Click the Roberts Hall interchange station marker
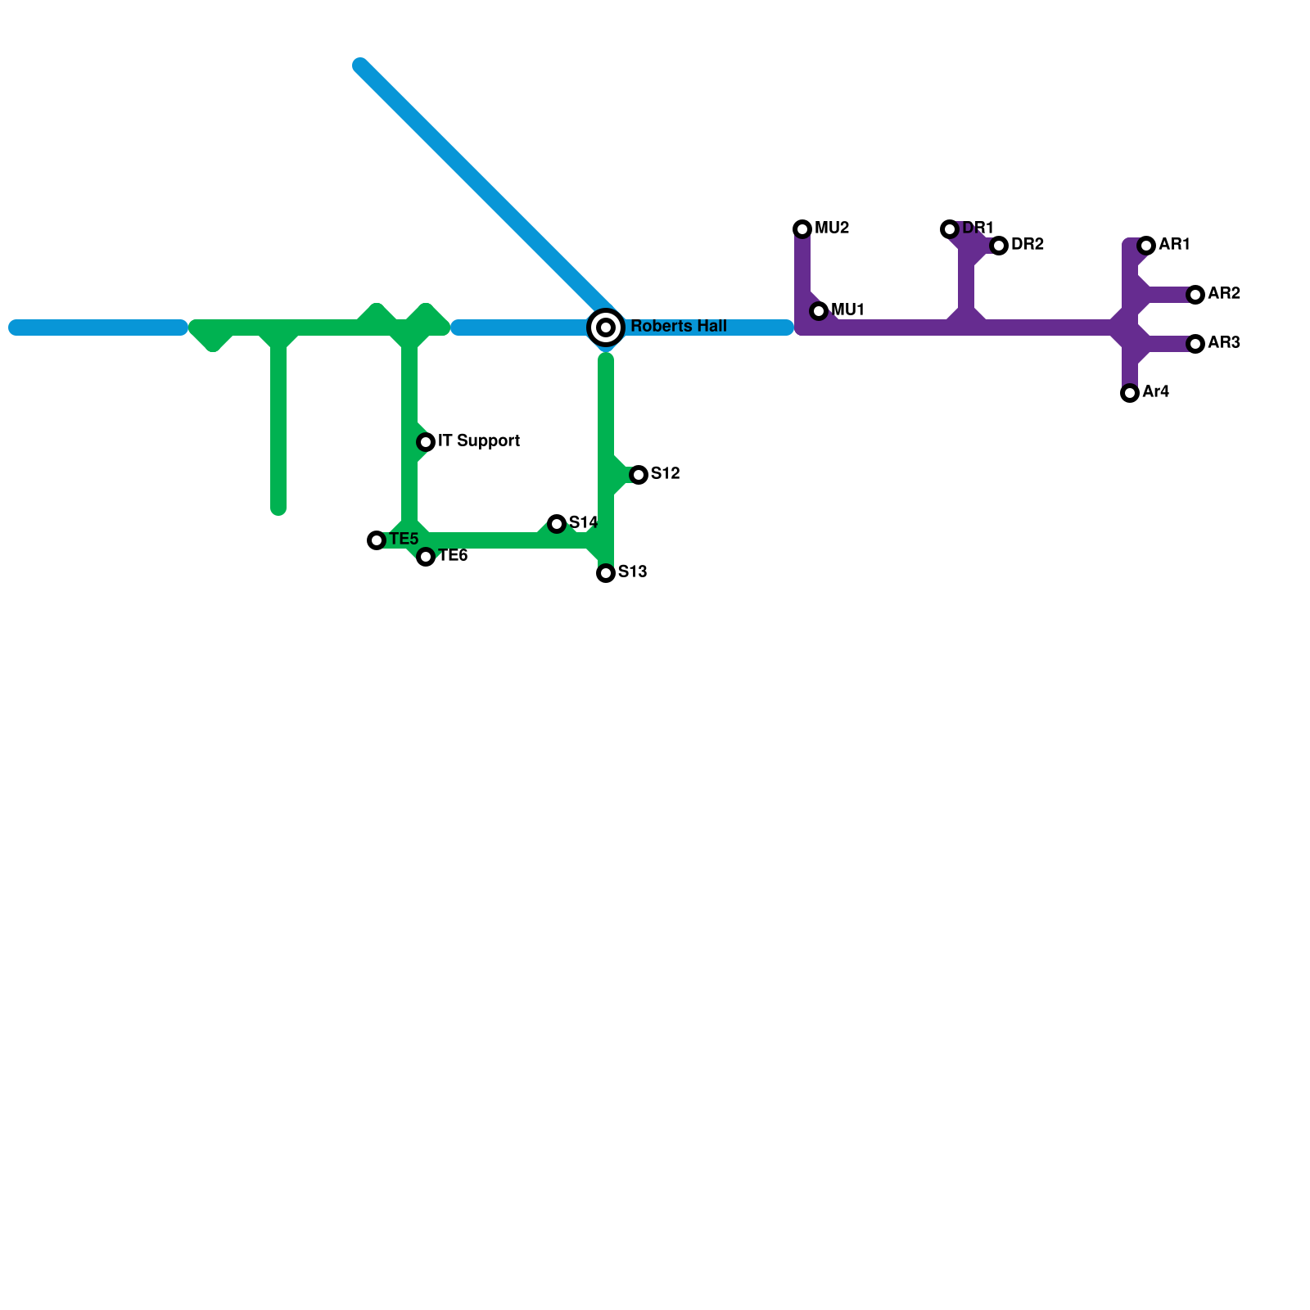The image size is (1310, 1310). pyautogui.click(x=606, y=327)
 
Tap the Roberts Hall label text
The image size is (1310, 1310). pyautogui.click(x=678, y=327)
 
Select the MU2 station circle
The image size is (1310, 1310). pyautogui.click(x=802, y=229)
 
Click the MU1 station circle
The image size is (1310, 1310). pyautogui.click(x=819, y=311)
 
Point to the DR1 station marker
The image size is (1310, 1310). pyautogui.click(x=950, y=229)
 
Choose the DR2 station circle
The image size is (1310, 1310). pyautogui.click(x=999, y=246)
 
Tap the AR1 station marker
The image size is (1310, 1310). pyautogui.click(x=1146, y=246)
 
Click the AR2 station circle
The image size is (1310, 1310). pyautogui.click(x=1195, y=295)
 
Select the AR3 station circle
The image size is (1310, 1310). pyautogui.click(x=1195, y=344)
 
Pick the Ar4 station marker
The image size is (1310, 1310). pyautogui.click(x=1130, y=393)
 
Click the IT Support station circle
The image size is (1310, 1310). pyautogui.click(x=426, y=442)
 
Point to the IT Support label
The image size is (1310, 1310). pyautogui.click(x=479, y=441)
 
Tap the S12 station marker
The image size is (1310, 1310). pyautogui.click(x=639, y=475)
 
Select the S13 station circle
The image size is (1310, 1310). pyautogui.click(x=606, y=573)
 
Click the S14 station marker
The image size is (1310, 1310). pyautogui.click(x=557, y=524)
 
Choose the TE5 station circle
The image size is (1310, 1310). pyautogui.click(x=377, y=540)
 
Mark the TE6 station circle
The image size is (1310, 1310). pyautogui.click(x=426, y=557)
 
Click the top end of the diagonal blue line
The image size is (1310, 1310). pyautogui.click(x=361, y=66)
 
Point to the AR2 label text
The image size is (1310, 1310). pyautogui.click(x=1224, y=294)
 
